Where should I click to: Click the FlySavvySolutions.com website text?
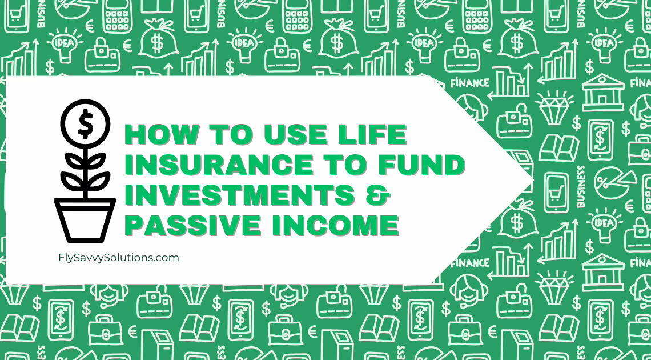119,258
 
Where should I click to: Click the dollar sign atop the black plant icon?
86,124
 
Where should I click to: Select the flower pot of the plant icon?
85,220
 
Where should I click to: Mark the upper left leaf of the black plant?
74,160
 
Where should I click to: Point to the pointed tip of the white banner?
533,180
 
